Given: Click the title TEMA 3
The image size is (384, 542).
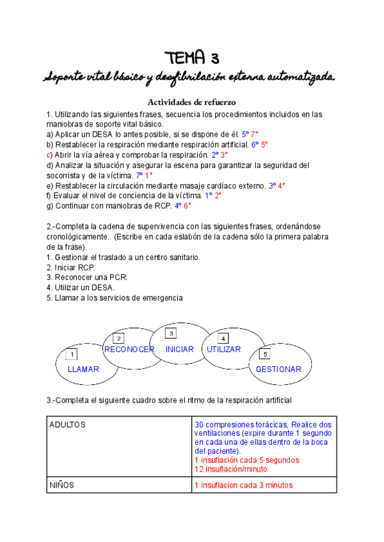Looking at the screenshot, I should coord(191,58).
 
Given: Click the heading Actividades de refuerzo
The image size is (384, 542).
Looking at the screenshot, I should coord(193,102).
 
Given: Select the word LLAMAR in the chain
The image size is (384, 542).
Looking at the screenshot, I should coord(83,369).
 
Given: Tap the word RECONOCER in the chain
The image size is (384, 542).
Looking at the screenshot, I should coord(129,350).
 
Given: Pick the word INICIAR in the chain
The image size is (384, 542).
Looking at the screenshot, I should coord(179,350).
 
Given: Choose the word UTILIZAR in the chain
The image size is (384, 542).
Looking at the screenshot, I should coord(223,350).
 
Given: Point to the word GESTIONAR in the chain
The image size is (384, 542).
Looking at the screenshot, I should coord(278,369).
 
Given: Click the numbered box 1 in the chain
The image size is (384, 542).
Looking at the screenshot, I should coord(72,355).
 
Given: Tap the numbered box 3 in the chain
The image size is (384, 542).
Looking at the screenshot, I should coord(170,334).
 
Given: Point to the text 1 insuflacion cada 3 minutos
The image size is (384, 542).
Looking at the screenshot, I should coord(243,485).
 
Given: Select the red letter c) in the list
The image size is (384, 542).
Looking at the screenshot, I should coord(49,155).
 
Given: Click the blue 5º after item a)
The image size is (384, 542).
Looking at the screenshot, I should coord(244,135).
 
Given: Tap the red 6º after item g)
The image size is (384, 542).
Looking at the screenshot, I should coord(187,206).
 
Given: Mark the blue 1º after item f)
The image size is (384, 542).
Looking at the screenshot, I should coord(208,196).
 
